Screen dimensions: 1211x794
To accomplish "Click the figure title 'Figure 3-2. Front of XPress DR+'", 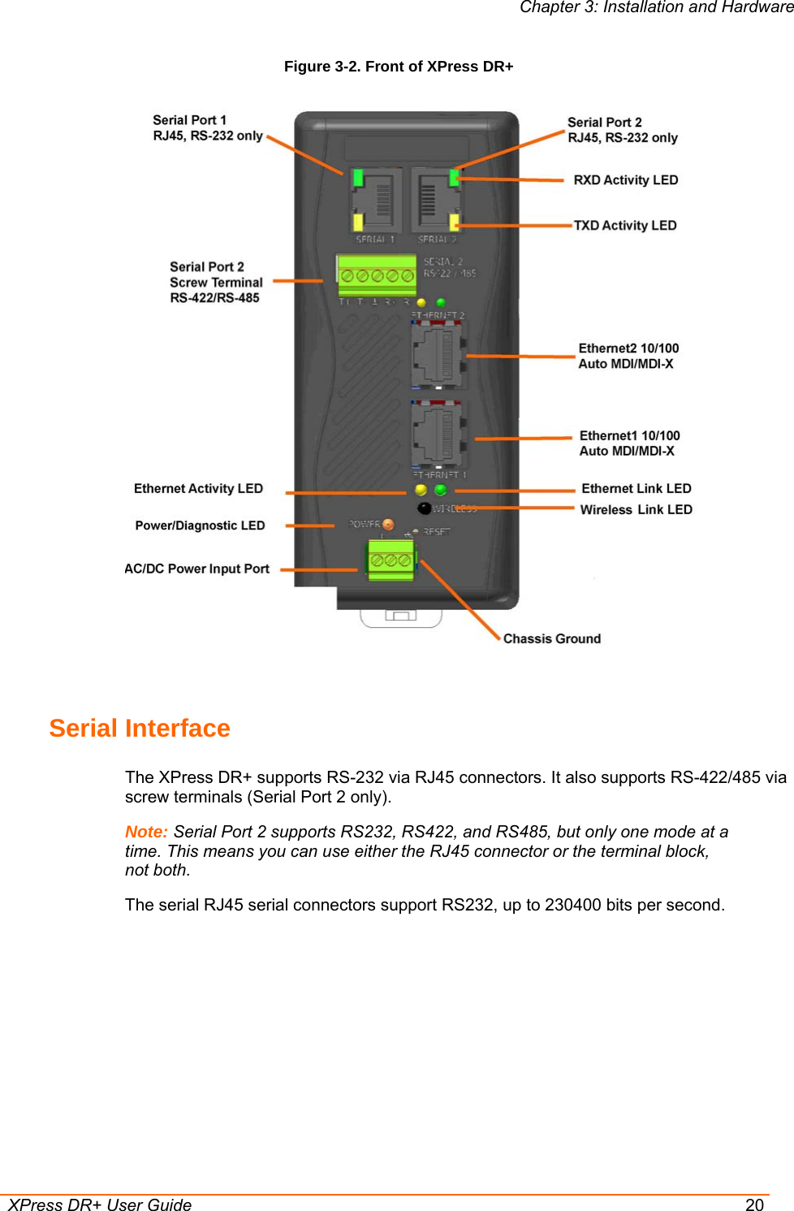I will click(x=398, y=67).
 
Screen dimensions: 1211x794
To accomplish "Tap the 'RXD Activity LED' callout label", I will click(x=625, y=180).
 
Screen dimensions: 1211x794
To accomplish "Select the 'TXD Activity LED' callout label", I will click(x=624, y=226).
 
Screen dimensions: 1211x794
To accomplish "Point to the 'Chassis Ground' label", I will click(x=551, y=639).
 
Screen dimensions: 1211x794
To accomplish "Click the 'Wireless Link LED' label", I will click(x=636, y=510).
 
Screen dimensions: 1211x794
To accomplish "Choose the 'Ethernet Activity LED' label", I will click(x=198, y=489).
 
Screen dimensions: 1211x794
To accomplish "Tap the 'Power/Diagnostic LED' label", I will click(x=200, y=526).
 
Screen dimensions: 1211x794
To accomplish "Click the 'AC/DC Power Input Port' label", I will click(x=196, y=569).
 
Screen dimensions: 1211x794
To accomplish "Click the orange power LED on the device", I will click(x=388, y=525).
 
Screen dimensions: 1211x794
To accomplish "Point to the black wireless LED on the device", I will click(x=424, y=508).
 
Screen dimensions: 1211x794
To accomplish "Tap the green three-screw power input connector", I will click(x=391, y=560).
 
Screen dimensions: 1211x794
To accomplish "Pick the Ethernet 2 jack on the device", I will click(x=438, y=354).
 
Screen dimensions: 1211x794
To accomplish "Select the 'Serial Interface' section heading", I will click(x=140, y=729).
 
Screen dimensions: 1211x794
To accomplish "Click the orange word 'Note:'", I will click(x=146, y=833).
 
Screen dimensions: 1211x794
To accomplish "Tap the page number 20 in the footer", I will click(x=754, y=1205).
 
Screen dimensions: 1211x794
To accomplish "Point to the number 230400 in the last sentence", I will click(x=579, y=906).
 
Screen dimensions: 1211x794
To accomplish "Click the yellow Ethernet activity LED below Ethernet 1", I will click(x=421, y=490).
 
